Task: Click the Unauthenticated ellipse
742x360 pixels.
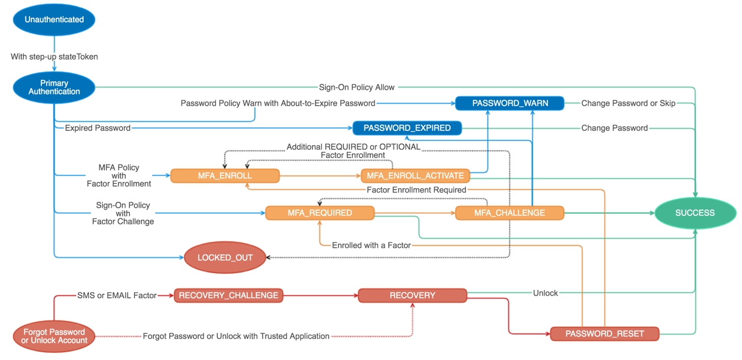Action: [x=54, y=19]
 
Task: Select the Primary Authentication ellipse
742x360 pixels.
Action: [x=54, y=87]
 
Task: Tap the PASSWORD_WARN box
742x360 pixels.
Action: [x=510, y=103]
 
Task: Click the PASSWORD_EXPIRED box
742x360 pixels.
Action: [x=407, y=128]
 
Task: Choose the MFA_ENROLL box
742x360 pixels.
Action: [x=225, y=176]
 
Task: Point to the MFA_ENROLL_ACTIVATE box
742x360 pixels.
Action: [x=415, y=176]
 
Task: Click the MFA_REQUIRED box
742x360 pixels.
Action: [x=320, y=213]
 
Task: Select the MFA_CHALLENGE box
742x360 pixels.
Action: [x=510, y=213]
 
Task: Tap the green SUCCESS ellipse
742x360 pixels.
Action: [x=695, y=213]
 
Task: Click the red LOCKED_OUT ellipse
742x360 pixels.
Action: [x=225, y=257]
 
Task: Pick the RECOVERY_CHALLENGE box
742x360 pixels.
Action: [x=228, y=295]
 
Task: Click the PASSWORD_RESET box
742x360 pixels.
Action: [x=605, y=334]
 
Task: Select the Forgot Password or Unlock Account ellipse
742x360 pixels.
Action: [x=54, y=336]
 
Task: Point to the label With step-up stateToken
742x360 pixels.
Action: [x=54, y=57]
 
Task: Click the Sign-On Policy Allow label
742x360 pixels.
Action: [x=357, y=87]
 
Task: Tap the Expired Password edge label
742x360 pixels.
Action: [x=97, y=128]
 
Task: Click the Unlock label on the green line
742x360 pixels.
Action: [x=545, y=293]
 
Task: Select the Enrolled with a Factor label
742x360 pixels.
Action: [x=371, y=245]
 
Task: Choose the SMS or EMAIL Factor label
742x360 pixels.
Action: [x=117, y=295]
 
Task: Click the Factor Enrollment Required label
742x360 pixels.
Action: [x=416, y=190]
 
